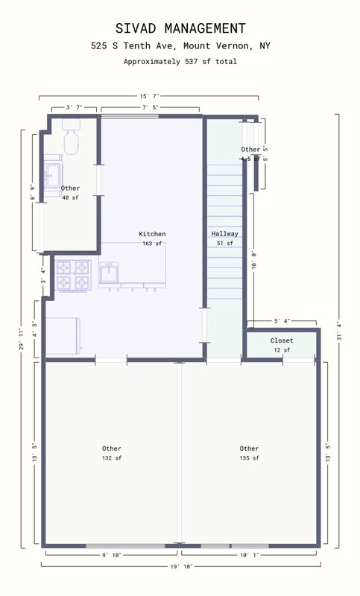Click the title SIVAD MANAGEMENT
pyautogui.click(x=180, y=28)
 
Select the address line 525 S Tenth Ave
pyautogui.click(x=180, y=46)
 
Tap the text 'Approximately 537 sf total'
pyautogui.click(x=180, y=62)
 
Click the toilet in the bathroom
pyautogui.click(x=72, y=139)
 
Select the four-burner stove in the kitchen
pyautogui.click(x=73, y=275)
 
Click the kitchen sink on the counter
pyautogui.click(x=109, y=273)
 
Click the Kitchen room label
pyautogui.click(x=152, y=234)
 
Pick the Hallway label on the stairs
pyautogui.click(x=224, y=234)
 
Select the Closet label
pyautogui.click(x=281, y=340)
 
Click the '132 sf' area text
pyautogui.click(x=112, y=458)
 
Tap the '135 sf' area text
pyautogui.click(x=249, y=458)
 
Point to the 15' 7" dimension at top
pyautogui.click(x=149, y=96)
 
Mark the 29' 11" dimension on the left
pyautogui.click(x=21, y=338)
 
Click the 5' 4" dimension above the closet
pyautogui.click(x=281, y=321)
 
